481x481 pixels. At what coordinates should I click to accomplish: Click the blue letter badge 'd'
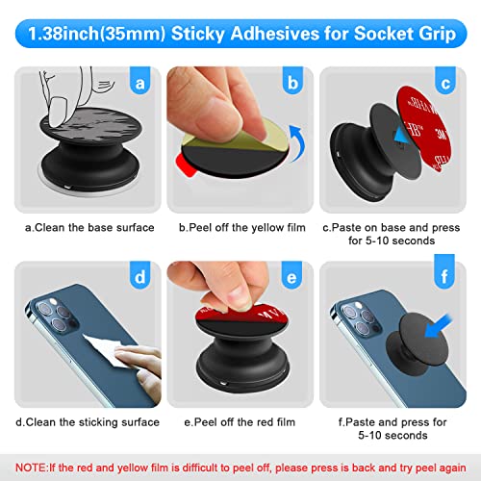(139, 279)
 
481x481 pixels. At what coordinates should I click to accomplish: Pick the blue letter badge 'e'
(292, 279)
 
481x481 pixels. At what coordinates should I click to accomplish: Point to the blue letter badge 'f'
(445, 279)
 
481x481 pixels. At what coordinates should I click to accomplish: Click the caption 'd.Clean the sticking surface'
(89, 421)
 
